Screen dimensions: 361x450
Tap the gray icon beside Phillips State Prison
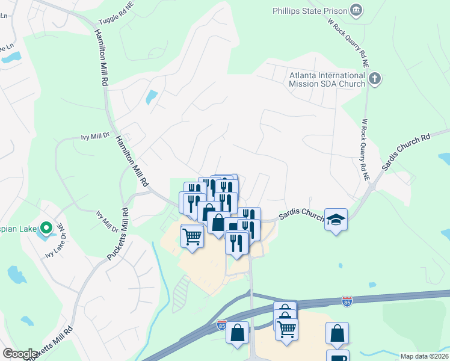tap(357, 10)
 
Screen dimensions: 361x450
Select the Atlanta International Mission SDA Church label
tap(327, 79)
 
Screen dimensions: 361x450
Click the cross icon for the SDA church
tap(375, 79)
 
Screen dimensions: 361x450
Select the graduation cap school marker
tap(336, 219)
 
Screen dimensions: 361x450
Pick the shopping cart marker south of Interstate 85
tap(286, 329)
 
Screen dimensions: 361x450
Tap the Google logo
tap(20, 354)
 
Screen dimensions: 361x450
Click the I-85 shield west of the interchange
tap(221, 325)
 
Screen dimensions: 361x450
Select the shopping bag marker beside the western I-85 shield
tap(238, 332)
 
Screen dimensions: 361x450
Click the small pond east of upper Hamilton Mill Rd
tap(152, 96)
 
